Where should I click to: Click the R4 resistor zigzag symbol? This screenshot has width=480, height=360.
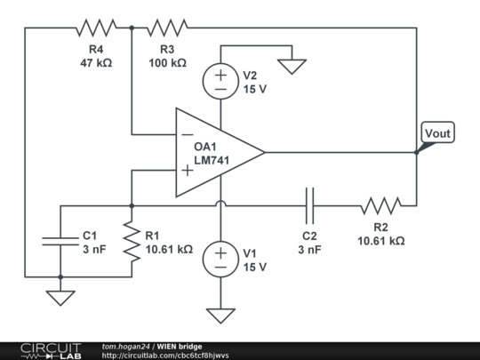tap(96, 28)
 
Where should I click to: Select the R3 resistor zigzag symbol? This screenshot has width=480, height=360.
tap(167, 28)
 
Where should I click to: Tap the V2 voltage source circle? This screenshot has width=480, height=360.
tap(220, 81)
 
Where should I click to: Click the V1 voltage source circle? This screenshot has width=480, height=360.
tap(220, 260)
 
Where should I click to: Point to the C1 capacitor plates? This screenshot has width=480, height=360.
tap(60, 241)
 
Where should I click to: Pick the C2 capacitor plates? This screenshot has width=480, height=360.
tap(310, 205)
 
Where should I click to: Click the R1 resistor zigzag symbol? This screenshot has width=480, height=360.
tap(132, 241)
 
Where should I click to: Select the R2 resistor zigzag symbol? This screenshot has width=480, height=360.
tap(380, 205)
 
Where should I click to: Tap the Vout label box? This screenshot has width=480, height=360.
tap(437, 132)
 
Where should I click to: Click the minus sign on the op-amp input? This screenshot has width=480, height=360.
tap(188, 135)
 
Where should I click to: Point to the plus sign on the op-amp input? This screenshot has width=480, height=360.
tap(188, 170)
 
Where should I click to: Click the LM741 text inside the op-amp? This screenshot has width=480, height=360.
tap(212, 160)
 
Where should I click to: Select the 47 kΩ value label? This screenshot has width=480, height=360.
tap(96, 63)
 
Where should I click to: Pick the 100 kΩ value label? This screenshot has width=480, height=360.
tap(167, 63)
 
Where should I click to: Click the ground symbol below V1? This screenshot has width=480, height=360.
tap(220, 316)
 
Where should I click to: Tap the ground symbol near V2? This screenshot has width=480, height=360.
tap(292, 67)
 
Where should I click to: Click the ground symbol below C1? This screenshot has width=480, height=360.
tap(60, 298)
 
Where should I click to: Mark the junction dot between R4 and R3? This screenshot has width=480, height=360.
tap(132, 28)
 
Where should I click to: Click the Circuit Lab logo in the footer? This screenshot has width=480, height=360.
tap(51, 351)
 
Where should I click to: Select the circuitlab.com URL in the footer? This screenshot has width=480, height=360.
tap(165, 356)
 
